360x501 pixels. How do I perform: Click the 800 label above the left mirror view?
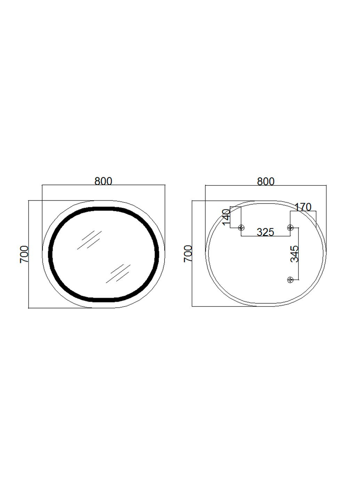coord(103,181)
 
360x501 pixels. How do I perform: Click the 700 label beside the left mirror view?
coord(24,254)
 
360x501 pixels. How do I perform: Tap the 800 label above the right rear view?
coord(266,181)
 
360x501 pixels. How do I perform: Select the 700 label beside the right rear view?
coord(188,254)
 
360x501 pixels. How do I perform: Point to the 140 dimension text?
coord(226,217)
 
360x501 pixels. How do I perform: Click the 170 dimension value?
coord(303,207)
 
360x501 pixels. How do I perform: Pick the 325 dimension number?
coord(265,232)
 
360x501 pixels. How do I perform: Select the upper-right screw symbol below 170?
coord(290,228)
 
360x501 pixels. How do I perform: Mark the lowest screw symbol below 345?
coord(290,280)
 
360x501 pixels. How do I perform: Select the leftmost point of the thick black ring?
coord(50,254)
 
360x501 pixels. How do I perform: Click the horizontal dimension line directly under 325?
coord(265,237)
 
